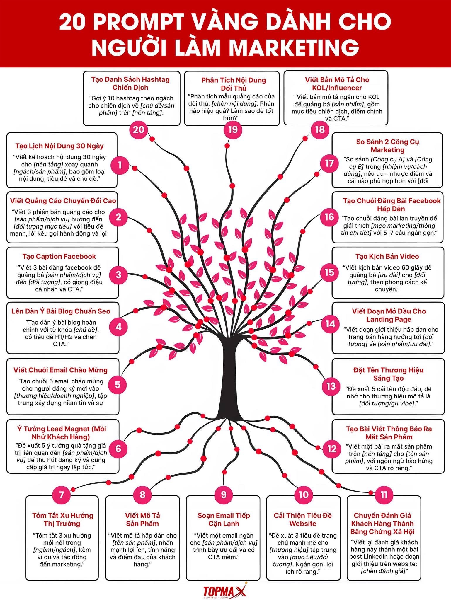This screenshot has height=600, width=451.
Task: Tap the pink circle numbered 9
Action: [x=224, y=495]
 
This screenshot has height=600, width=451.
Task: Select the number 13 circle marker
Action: [x=331, y=386]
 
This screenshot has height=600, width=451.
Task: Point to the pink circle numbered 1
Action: [x=120, y=165]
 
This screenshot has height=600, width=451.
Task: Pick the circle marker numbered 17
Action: [x=329, y=163]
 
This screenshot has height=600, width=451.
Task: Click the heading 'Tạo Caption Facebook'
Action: [x=59, y=257]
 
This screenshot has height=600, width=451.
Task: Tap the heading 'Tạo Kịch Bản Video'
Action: [x=387, y=257]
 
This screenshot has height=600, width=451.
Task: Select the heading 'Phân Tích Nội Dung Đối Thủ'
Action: [x=234, y=84]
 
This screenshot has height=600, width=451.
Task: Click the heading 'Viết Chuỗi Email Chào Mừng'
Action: [x=60, y=370]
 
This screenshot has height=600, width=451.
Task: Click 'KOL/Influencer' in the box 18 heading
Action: [x=337, y=88]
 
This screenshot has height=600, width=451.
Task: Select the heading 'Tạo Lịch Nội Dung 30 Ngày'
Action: [x=59, y=146]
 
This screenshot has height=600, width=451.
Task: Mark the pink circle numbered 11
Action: [x=384, y=495]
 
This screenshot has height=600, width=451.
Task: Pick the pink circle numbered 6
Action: [x=118, y=449]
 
